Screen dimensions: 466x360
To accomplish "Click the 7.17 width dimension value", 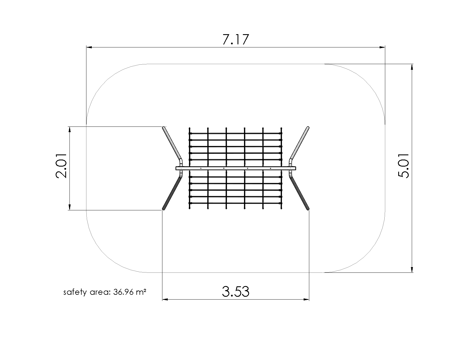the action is coord(236,40).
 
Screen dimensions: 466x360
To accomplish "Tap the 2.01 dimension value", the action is coord(61,166).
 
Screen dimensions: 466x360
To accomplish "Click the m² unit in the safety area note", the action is coord(141,292).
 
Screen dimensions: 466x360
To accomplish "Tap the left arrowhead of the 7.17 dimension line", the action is coord(89,47).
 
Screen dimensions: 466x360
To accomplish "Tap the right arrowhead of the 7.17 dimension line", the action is coord(382,47).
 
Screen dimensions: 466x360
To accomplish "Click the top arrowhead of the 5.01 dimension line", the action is coord(412,67).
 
